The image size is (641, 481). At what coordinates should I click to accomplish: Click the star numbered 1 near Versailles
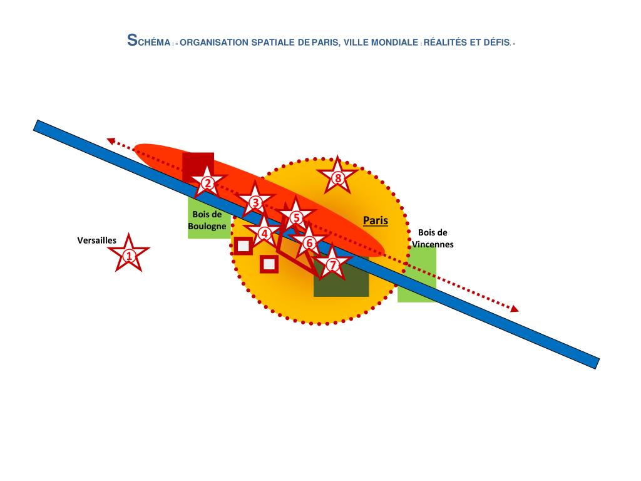click(x=129, y=255)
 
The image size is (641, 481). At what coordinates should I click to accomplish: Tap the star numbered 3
click(x=255, y=202)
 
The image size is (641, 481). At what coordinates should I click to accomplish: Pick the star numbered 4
click(x=264, y=234)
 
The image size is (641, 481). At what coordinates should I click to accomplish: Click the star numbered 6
click(x=309, y=243)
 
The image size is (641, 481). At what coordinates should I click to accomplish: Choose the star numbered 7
click(x=332, y=265)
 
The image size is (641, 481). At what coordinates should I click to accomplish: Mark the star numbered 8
click(x=338, y=178)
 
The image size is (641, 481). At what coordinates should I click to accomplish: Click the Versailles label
click(x=96, y=240)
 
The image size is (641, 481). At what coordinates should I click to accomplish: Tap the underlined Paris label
click(x=376, y=220)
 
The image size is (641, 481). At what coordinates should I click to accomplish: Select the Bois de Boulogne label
click(x=207, y=220)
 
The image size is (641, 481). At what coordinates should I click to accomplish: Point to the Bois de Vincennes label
click(x=432, y=239)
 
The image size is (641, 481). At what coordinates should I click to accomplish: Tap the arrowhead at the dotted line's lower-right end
click(x=514, y=308)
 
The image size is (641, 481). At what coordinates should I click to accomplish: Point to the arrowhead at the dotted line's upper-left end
click(x=110, y=141)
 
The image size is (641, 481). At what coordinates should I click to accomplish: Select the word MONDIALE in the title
click(x=396, y=43)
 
